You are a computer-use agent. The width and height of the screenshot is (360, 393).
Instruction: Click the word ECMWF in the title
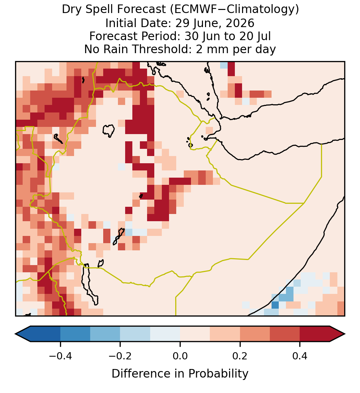(192, 10)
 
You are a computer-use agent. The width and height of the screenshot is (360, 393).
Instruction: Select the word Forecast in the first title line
(142, 10)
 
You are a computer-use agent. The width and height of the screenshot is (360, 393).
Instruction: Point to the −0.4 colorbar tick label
(60, 356)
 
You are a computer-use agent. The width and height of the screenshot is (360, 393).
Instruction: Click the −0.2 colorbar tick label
(120, 356)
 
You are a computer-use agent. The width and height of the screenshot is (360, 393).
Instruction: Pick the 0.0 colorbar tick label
(180, 356)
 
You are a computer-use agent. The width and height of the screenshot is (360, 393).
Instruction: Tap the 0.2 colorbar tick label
(240, 356)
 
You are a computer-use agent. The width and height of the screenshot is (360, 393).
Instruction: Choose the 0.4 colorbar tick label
(300, 356)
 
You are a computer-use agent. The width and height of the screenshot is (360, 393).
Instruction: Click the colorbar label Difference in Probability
(180, 373)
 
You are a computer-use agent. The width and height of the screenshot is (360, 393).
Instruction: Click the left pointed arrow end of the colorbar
(16, 334)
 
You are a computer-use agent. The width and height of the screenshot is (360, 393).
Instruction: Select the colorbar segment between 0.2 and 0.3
(255, 334)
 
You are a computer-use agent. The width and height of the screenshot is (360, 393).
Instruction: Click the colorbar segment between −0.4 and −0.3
(75, 334)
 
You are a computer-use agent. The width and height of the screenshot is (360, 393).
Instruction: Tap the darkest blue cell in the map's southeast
(275, 305)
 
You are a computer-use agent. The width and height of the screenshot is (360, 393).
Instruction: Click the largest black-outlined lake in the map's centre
(108, 131)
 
